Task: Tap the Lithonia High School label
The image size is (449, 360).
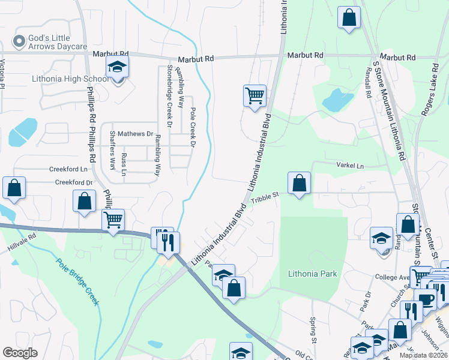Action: pyautogui.click(x=71, y=79)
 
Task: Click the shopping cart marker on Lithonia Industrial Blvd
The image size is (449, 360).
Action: pyautogui.click(x=255, y=95)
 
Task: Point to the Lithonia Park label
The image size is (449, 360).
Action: pyautogui.click(x=312, y=274)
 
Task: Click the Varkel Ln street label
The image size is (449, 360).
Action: pyautogui.click(x=350, y=166)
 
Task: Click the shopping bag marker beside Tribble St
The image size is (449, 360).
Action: pyautogui.click(x=299, y=183)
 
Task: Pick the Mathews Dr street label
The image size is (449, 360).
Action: pyautogui.click(x=135, y=134)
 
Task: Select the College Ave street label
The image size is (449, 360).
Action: pyautogui.click(x=392, y=277)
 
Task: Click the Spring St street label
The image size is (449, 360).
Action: pyautogui.click(x=313, y=331)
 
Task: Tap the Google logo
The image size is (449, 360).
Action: pyautogui.click(x=20, y=353)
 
